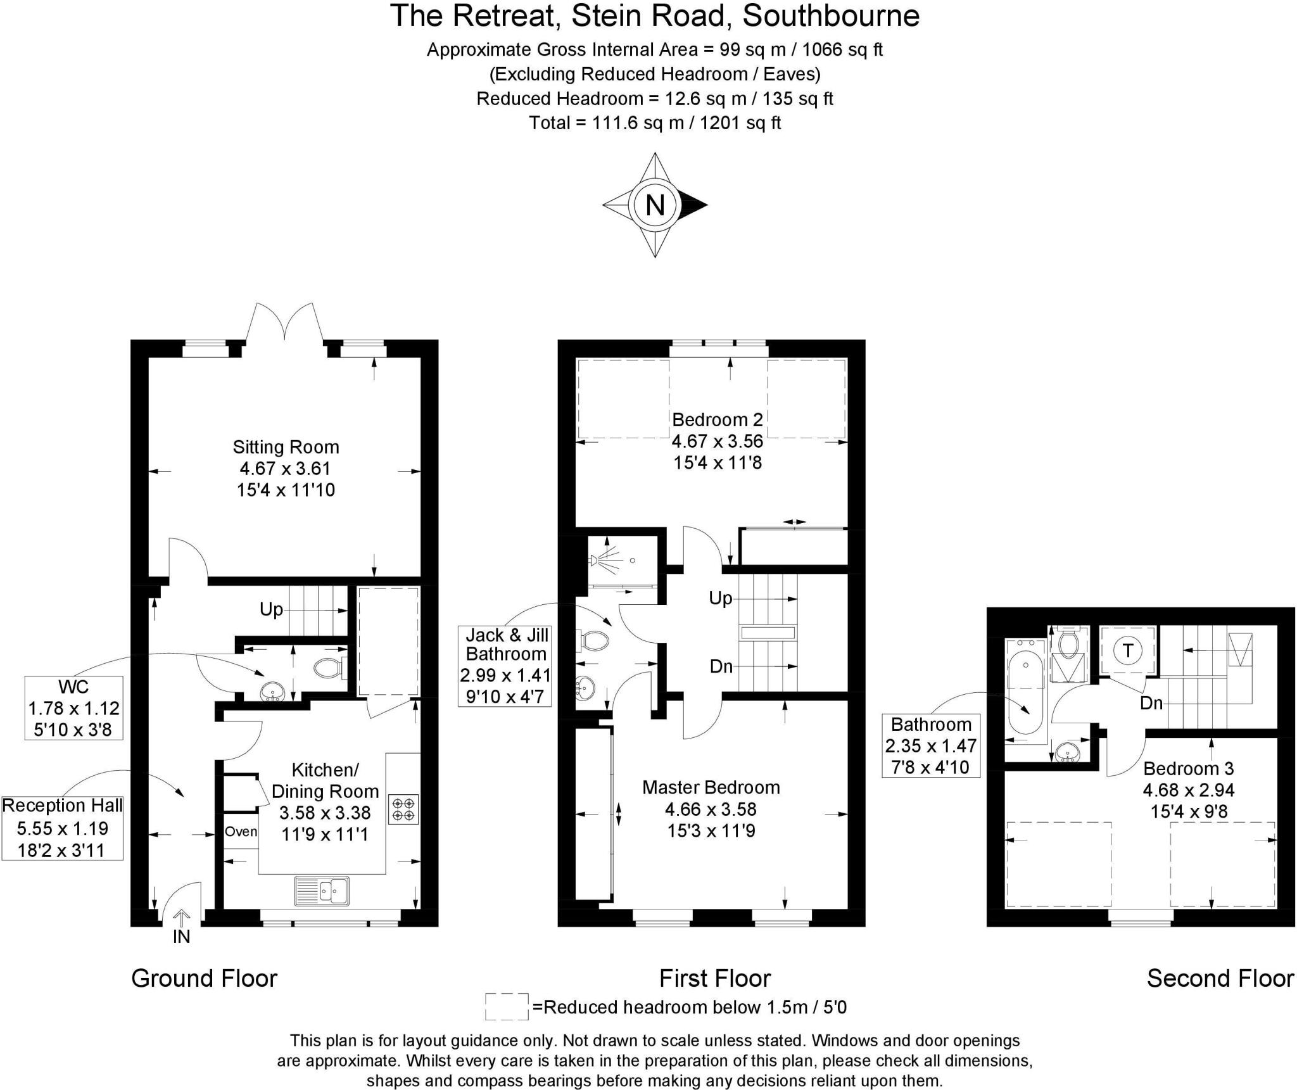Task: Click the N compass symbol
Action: point(655,205)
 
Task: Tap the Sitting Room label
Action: point(286,447)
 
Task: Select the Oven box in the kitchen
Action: point(241,832)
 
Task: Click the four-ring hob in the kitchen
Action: point(403,809)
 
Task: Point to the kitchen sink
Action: point(322,890)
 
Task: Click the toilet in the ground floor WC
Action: point(329,668)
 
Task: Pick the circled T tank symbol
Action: point(1128,650)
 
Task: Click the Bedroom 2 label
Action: point(718,419)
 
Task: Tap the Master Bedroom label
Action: point(711,787)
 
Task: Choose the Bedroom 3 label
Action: point(1189,768)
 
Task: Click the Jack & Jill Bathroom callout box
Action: point(506,665)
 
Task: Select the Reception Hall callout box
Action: point(63,828)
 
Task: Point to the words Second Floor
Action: point(1220,979)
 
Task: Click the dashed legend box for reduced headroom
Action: point(507,1006)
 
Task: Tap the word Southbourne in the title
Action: point(831,15)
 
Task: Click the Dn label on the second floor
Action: point(1151,702)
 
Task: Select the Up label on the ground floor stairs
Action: point(271,609)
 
